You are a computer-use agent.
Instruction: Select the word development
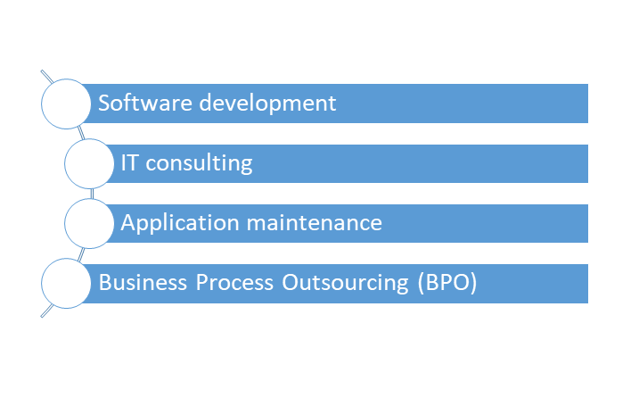pyautogui.click(x=267, y=104)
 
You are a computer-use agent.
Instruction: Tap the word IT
pyautogui.click(x=130, y=162)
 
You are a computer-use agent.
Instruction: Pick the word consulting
pyautogui.click(x=200, y=164)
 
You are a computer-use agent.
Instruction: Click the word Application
pyautogui.click(x=180, y=224)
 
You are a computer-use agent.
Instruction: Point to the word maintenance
pyautogui.click(x=315, y=223)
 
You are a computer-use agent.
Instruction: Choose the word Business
pyautogui.click(x=143, y=283)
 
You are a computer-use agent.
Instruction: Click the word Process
pyautogui.click(x=234, y=283)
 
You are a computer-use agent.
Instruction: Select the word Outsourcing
pyautogui.click(x=345, y=283)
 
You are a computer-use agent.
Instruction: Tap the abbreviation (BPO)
pyautogui.click(x=447, y=283)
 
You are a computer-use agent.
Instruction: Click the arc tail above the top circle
pyautogui.click(x=46, y=77)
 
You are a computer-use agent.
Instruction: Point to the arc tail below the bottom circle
pyautogui.click(x=47, y=311)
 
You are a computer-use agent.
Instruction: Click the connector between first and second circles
pyautogui.click(x=81, y=133)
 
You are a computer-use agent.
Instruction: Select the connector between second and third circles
pyautogui.click(x=92, y=194)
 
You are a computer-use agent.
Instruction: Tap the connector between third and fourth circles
pyautogui.click(x=81, y=254)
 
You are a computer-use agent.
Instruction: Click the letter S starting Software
pyautogui.click(x=104, y=103)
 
